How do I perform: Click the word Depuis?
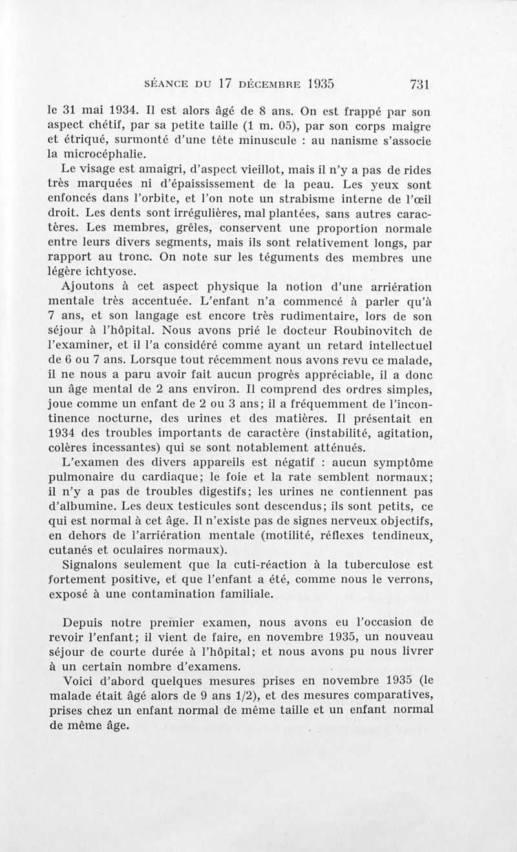click(x=85, y=624)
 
